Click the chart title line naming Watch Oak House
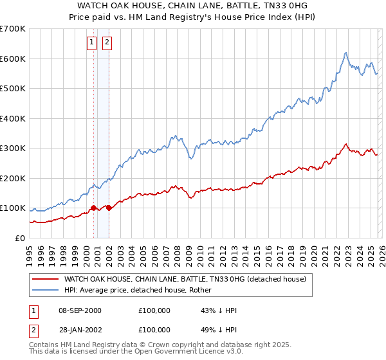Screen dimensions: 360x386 coord(193,6)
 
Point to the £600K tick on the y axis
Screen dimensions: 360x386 coord(13,59)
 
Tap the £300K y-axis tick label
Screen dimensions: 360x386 coord(13,148)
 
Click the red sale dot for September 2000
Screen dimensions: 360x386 coord(94,208)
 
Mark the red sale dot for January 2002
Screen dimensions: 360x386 coord(109,208)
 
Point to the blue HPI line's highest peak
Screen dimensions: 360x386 coord(346,53)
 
